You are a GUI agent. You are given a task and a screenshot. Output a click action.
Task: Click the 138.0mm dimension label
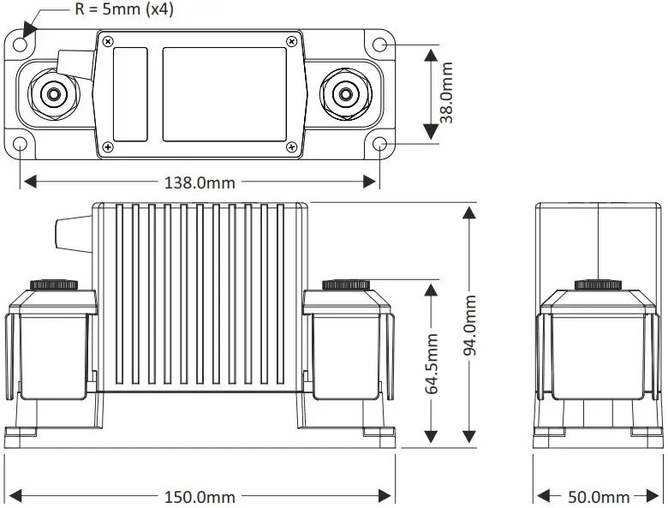tap(199, 182)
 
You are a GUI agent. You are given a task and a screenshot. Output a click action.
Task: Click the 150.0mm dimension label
tap(199, 497)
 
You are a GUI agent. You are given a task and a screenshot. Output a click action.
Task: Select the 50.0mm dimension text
tap(598, 497)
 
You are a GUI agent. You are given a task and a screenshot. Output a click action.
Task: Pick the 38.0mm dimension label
tap(446, 93)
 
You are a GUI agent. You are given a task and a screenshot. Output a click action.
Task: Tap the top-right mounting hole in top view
tap(380, 45)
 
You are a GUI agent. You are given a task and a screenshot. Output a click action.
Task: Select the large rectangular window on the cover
tap(224, 93)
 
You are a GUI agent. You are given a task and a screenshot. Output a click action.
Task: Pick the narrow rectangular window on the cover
tap(130, 93)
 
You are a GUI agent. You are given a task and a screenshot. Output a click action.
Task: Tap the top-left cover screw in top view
tap(108, 41)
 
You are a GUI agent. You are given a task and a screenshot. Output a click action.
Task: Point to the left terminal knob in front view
tap(54, 284)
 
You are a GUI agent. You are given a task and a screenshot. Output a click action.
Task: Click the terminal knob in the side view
tap(598, 284)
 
